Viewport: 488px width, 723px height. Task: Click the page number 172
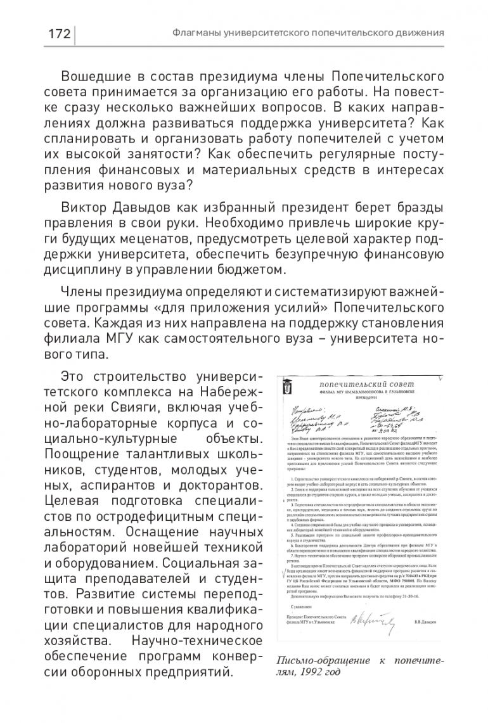click(58, 34)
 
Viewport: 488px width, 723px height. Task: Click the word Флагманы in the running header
click(198, 33)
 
